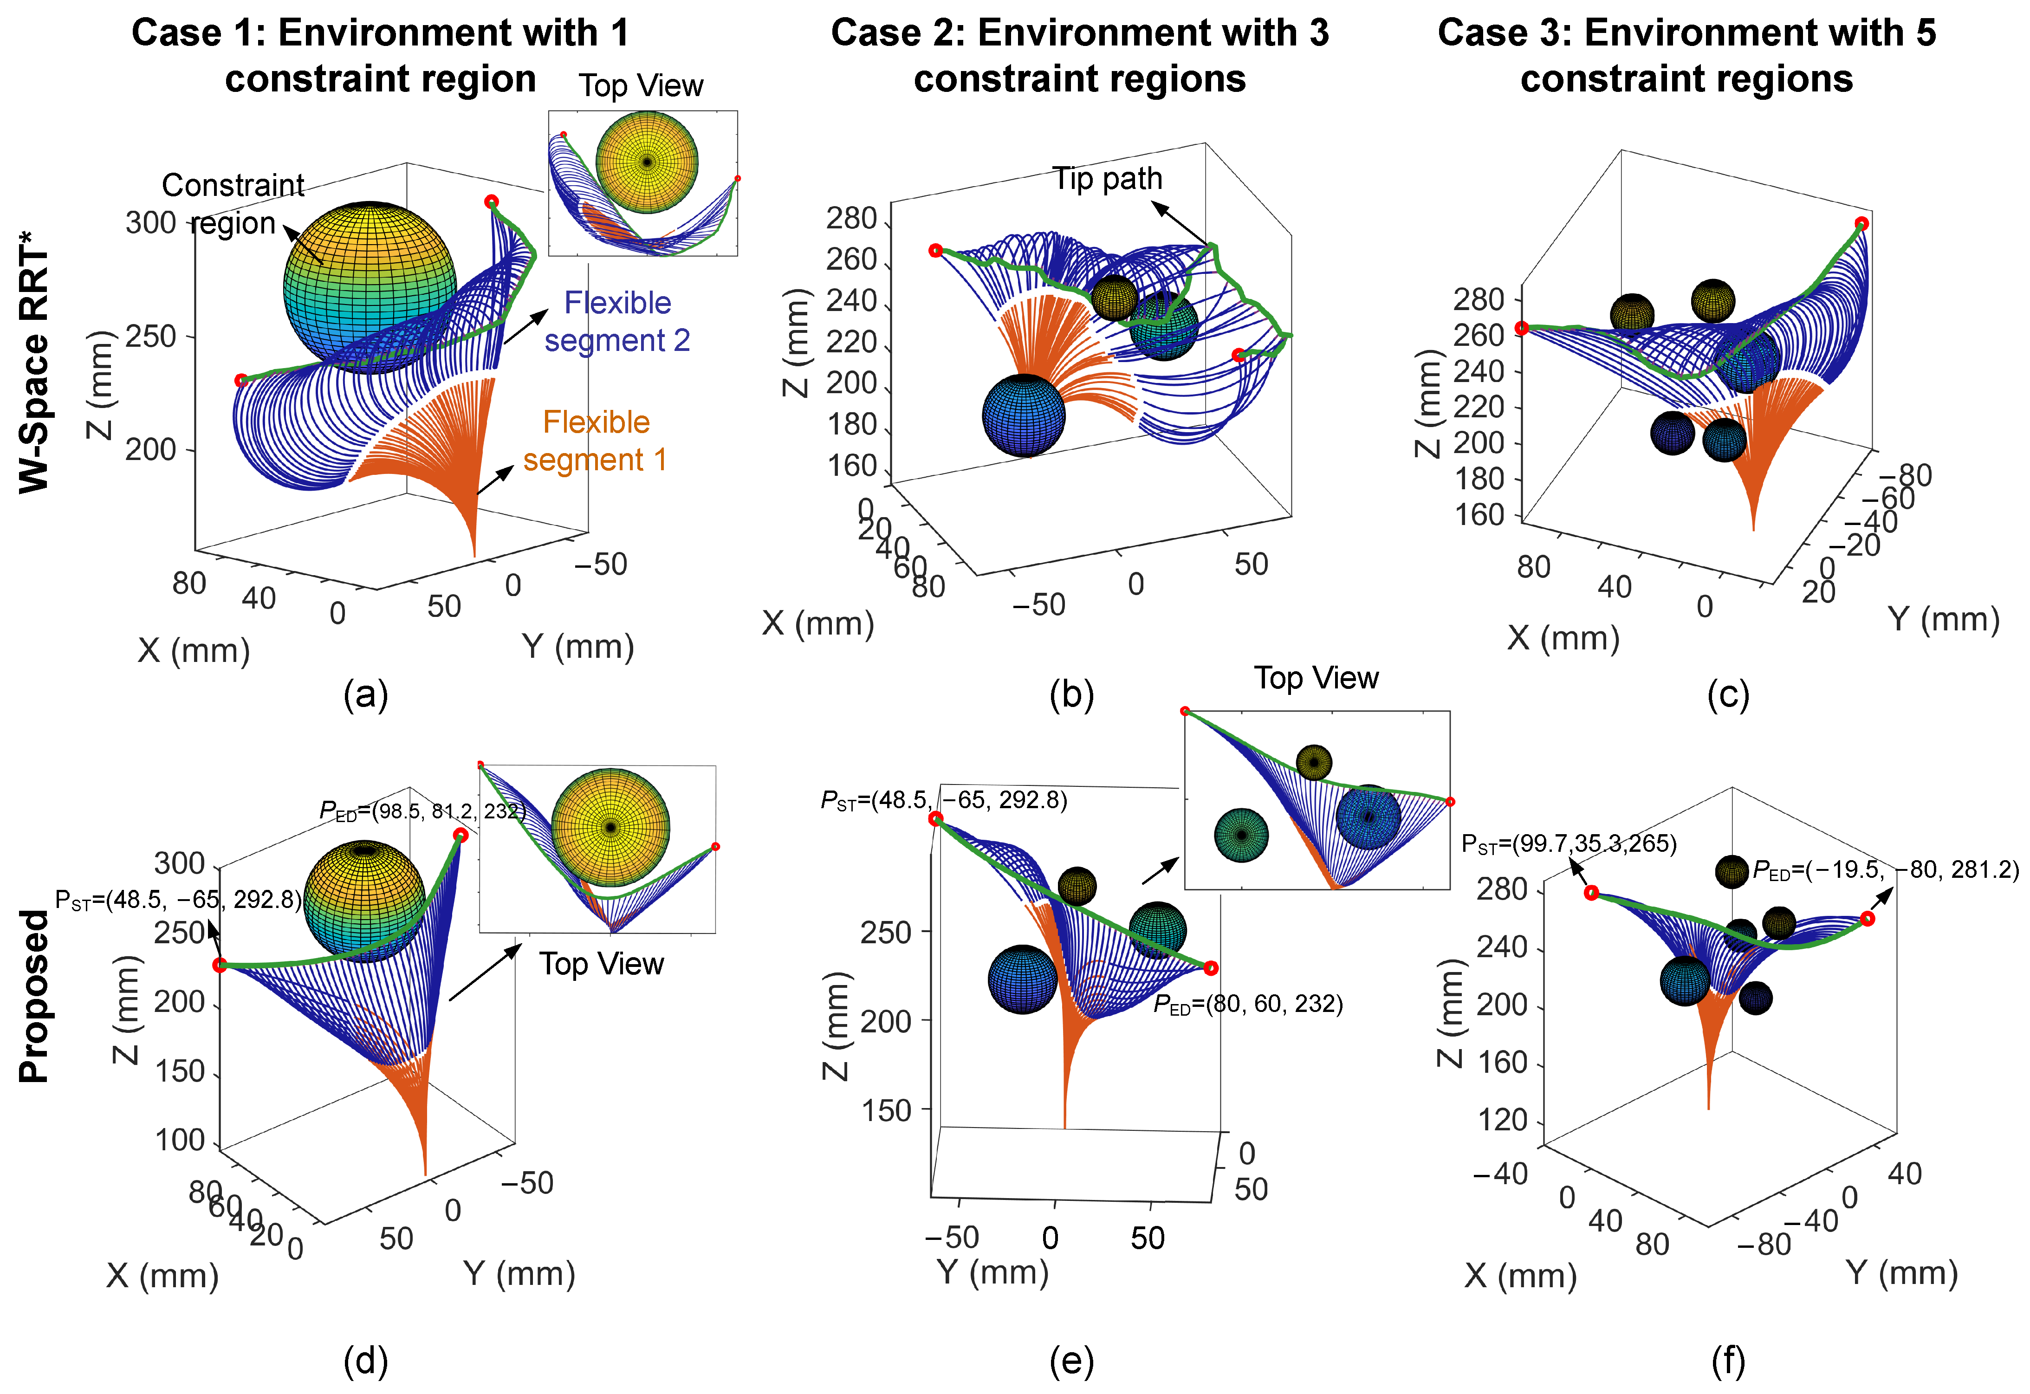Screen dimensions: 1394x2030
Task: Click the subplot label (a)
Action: pyautogui.click(x=365, y=696)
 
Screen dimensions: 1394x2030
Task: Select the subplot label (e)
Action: pyautogui.click(x=1072, y=1362)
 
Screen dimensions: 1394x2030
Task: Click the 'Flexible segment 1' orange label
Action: pyautogui.click(x=596, y=441)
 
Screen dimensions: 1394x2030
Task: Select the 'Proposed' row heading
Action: pyautogui.click(x=35, y=996)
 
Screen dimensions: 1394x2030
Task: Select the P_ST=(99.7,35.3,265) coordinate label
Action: pyautogui.click(x=1569, y=844)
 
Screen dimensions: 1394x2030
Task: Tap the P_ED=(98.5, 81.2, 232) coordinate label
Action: pyautogui.click(x=423, y=811)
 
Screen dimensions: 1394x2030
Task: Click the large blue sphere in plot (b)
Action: pyautogui.click(x=1024, y=416)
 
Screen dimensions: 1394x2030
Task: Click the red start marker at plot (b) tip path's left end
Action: pyautogui.click(x=935, y=251)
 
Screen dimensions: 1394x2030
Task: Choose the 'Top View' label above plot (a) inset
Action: pyautogui.click(x=640, y=85)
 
